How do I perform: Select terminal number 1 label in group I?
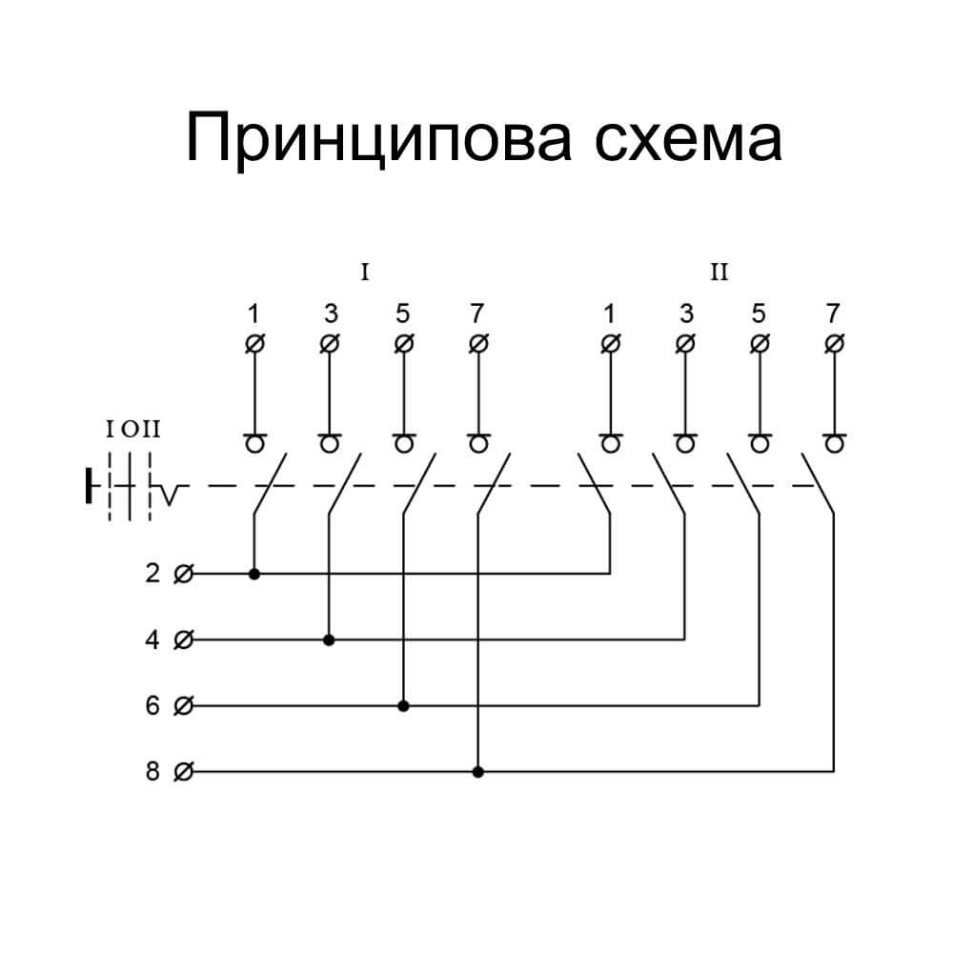253,313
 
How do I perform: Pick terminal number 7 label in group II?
834,313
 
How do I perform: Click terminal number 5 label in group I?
403,313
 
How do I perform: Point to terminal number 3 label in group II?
684,313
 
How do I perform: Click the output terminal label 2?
152,574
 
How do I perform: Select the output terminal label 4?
152,639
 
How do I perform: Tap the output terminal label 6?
152,706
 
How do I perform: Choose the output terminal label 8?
152,771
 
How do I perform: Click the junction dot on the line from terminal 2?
253,574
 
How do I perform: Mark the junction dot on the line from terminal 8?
478,771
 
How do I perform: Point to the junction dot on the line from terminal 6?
403,706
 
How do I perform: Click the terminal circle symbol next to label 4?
185,639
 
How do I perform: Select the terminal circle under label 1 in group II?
610,342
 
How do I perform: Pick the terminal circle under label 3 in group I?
329,342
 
